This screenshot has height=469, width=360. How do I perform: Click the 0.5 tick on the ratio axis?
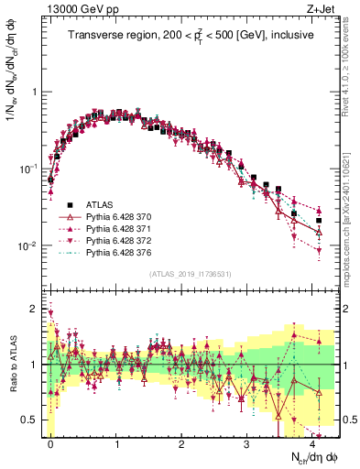coord(31,420)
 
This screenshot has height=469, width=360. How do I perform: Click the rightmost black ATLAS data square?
coord(319,221)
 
